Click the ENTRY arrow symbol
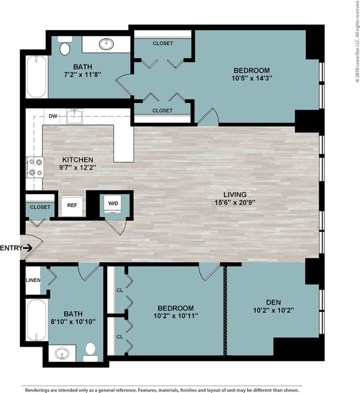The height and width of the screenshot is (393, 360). pos(28,248)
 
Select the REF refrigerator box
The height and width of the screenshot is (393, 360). pos(72,205)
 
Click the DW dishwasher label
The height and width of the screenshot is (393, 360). pos(53,116)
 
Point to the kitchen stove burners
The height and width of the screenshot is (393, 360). pos(35,167)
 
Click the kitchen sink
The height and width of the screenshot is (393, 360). pos(75,116)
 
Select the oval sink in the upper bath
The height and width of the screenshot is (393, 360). pos(106,44)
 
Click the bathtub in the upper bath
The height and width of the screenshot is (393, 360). pos(37,77)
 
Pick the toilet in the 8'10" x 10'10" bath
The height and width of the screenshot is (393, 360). pos(91,351)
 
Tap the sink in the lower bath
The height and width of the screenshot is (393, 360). pos(62,354)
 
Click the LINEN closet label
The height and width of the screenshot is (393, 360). pos(33,280)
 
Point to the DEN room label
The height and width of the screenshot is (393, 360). pos(273,302)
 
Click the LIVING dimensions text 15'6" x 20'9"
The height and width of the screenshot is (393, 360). pos(235,202)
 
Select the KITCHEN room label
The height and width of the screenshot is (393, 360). pos(77,160)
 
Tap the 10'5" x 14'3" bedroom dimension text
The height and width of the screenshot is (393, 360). pos(252,78)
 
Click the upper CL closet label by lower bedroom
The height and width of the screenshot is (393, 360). pos(120,290)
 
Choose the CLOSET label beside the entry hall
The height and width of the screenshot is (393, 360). pos(40,207)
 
